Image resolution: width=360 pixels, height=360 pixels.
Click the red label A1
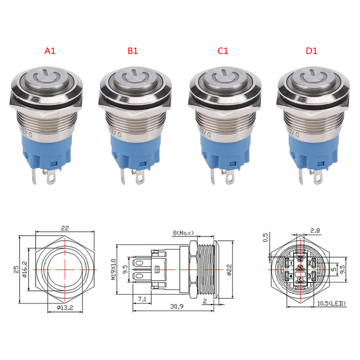point(50,51)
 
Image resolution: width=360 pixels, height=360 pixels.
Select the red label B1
point(133,51)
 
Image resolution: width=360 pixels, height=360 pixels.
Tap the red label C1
point(223,51)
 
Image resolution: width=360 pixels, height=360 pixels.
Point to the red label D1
point(311,51)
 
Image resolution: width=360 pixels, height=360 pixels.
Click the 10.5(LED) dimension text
point(332,304)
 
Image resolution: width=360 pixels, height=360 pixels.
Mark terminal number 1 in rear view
point(290,264)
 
